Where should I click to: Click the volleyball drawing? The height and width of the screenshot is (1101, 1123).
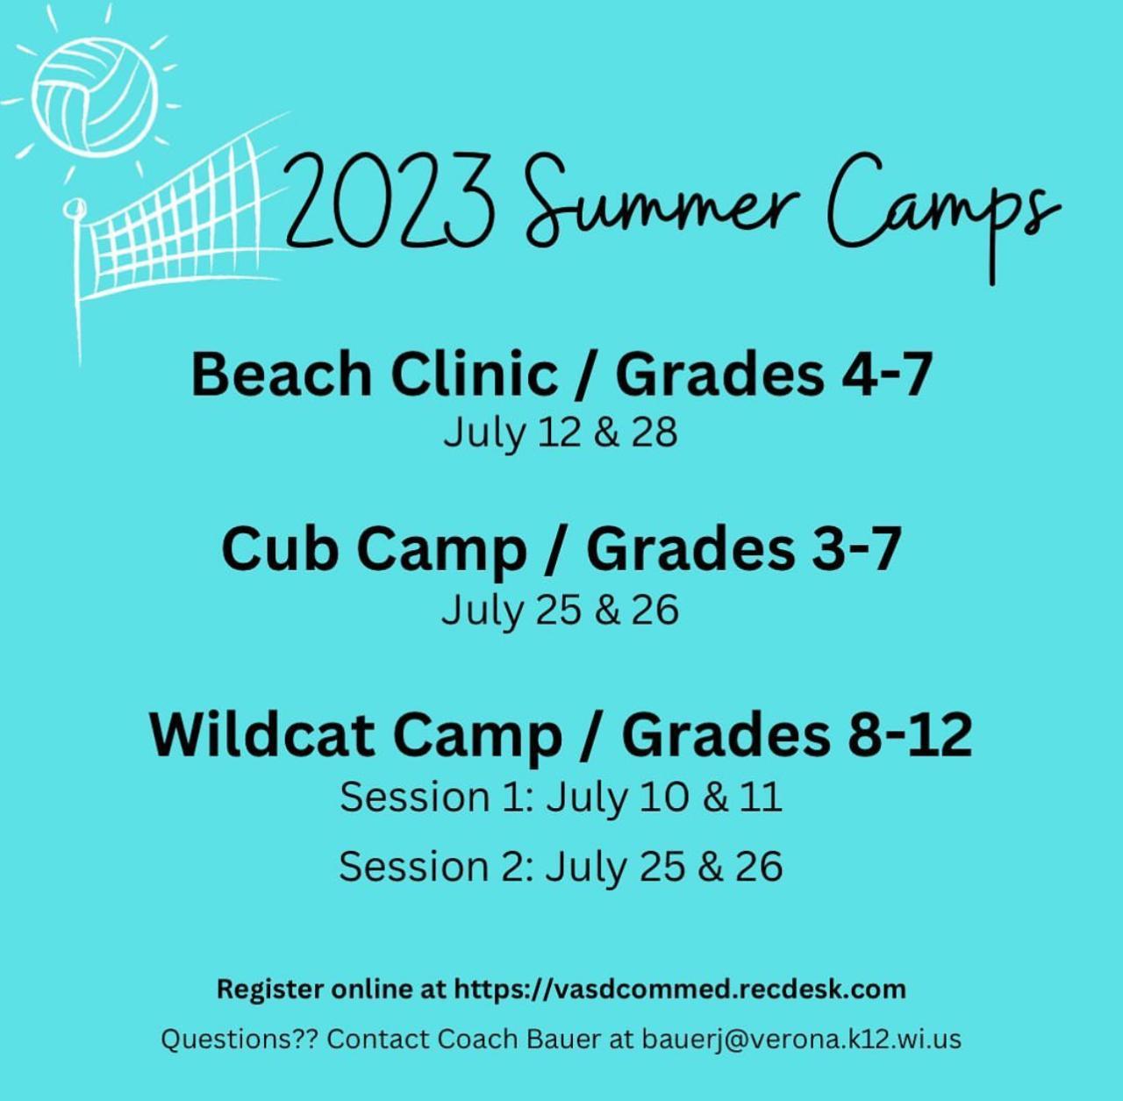click(x=95, y=99)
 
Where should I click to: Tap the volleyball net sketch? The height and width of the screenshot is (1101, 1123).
click(x=175, y=233)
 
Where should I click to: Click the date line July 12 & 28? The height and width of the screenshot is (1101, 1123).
click(x=561, y=433)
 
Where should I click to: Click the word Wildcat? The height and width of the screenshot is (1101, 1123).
click(x=261, y=735)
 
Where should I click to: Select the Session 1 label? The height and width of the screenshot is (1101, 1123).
click(x=437, y=797)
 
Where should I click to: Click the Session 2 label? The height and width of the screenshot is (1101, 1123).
click(x=437, y=866)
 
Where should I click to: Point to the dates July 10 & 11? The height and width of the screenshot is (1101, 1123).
click(x=664, y=798)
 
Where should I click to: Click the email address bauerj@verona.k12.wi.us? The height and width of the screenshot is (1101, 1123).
click(x=802, y=1040)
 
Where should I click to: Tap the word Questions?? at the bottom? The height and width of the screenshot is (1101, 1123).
click(x=240, y=1040)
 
